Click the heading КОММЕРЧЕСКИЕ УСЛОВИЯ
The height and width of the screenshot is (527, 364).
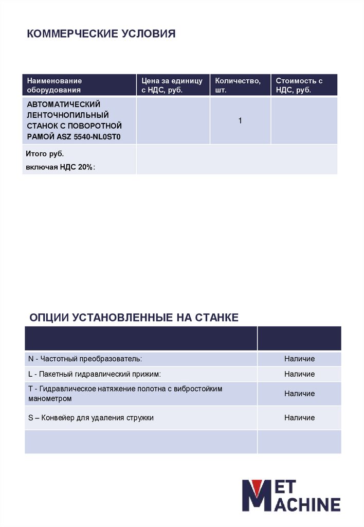(x=101, y=34)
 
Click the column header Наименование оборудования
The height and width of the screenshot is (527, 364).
(x=54, y=85)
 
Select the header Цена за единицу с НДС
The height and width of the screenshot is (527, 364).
(x=172, y=85)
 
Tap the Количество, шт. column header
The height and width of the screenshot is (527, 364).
(x=238, y=85)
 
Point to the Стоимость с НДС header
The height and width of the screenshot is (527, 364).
(x=299, y=85)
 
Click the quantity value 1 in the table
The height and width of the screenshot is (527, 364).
(x=240, y=120)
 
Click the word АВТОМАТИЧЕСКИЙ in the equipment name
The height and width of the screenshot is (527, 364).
(x=64, y=104)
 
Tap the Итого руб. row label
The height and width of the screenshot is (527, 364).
(x=46, y=154)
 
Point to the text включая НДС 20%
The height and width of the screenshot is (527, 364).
(x=61, y=167)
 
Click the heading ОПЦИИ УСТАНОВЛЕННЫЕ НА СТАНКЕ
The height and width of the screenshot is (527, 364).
(x=134, y=317)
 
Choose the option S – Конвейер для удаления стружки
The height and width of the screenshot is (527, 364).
(x=91, y=417)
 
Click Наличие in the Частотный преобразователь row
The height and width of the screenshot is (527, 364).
(x=299, y=359)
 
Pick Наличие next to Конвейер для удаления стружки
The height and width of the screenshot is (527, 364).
(x=299, y=417)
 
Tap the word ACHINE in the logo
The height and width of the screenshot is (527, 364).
(x=310, y=504)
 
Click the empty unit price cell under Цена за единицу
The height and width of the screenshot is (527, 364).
(x=173, y=120)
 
